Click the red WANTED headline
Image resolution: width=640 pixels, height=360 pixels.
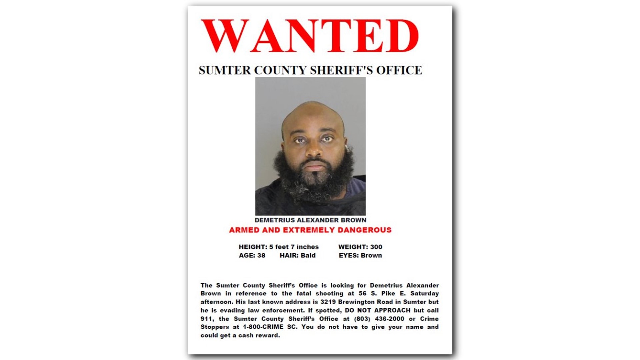tap(310, 36)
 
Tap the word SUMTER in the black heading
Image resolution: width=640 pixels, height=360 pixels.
tap(225, 70)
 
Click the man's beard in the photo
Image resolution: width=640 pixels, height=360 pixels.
tap(313, 182)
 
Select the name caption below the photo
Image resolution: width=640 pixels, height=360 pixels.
tap(310, 220)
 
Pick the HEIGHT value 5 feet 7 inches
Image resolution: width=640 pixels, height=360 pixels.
tap(294, 247)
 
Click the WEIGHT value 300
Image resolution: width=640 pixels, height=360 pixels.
tap(376, 247)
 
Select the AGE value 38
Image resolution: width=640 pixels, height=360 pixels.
tap(261, 256)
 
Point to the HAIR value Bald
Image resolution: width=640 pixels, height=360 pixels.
tap(308, 256)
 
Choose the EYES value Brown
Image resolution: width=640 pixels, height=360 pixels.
tap(371, 256)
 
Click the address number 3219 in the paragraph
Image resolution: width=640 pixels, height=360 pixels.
tap(328, 302)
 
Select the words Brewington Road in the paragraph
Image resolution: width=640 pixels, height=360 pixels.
tap(366, 302)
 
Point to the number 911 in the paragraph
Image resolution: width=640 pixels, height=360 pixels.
tap(207, 319)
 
